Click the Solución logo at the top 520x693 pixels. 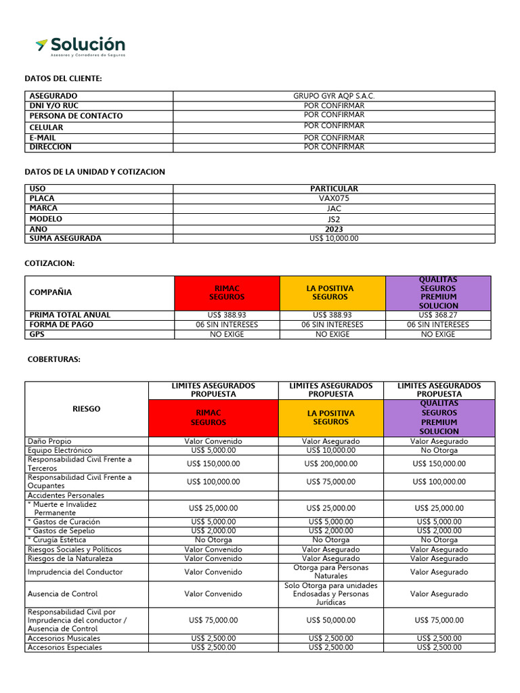80,47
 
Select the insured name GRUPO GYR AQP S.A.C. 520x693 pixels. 334,96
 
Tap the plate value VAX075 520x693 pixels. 334,199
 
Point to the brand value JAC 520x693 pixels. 334,208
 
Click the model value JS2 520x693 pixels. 334,219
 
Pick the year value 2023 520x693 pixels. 334,229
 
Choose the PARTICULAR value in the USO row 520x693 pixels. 334,189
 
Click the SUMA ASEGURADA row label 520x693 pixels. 65,238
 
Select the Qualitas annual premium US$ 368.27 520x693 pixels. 438,315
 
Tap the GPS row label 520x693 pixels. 37,334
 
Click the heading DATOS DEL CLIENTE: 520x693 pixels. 63,79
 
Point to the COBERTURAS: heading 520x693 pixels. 53,359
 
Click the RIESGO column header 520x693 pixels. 86,409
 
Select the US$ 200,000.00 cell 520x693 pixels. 330,464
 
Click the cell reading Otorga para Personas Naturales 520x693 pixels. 330,572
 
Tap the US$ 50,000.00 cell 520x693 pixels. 330,620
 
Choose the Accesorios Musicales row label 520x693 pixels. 64,638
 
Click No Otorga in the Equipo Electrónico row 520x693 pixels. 439,450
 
